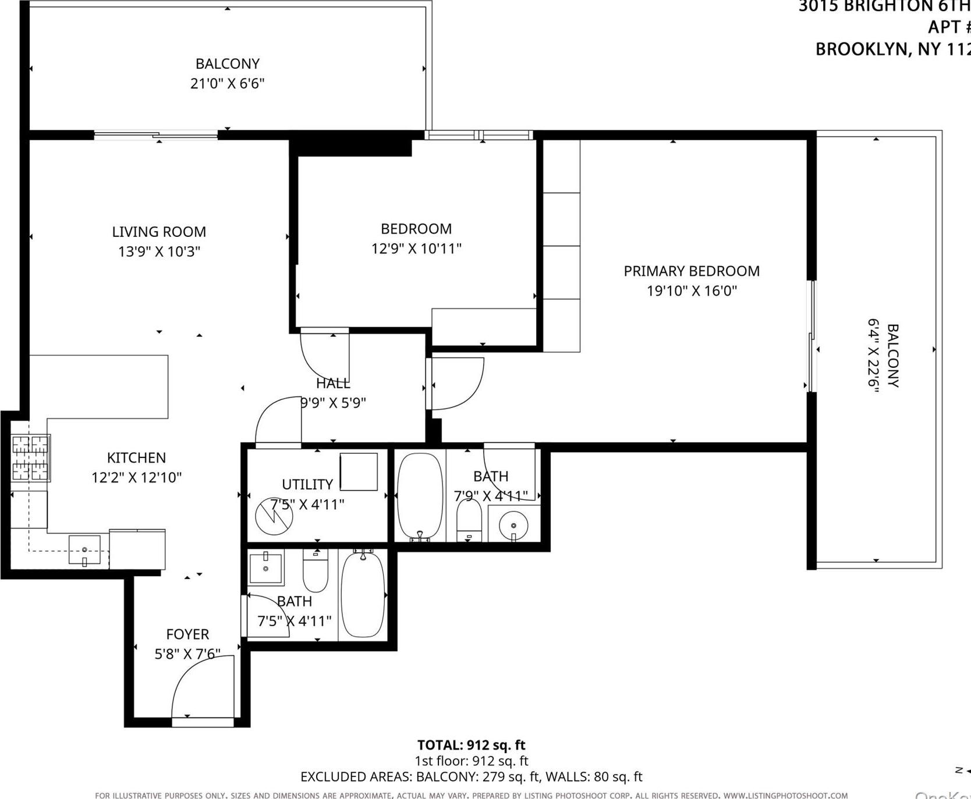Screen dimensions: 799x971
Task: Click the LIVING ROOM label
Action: (159, 232)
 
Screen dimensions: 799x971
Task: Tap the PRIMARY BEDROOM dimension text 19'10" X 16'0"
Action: (692, 290)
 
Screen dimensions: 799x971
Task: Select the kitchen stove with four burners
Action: (30, 458)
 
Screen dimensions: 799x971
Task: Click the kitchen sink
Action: (84, 550)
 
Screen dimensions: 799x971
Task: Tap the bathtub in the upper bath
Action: (420, 496)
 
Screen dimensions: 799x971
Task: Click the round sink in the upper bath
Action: (513, 525)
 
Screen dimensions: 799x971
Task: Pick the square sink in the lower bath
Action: (265, 567)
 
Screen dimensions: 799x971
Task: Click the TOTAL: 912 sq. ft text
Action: (471, 745)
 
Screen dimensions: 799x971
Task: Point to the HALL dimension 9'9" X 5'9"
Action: (333, 403)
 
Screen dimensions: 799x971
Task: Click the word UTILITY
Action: (307, 484)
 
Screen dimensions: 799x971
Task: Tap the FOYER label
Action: (187, 634)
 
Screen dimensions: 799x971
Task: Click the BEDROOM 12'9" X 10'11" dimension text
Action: (416, 248)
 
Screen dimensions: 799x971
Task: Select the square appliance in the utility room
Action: (359, 471)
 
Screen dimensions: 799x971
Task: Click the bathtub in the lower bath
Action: (362, 595)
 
